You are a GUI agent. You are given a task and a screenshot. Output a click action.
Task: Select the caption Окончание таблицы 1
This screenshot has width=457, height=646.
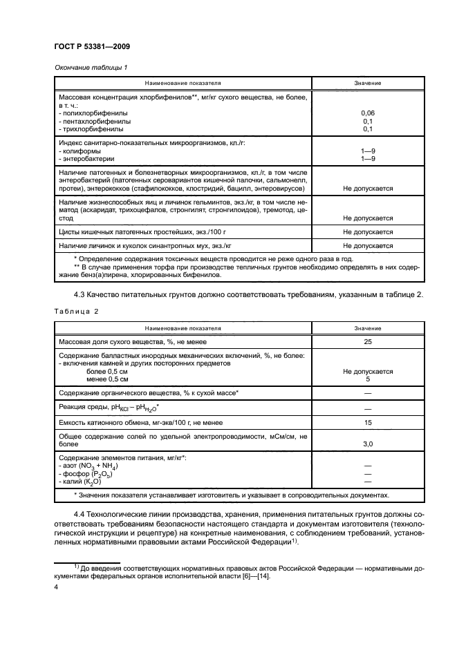tap(89, 67)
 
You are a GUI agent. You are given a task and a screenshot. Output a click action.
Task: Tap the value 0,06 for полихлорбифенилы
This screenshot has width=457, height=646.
tap(368, 113)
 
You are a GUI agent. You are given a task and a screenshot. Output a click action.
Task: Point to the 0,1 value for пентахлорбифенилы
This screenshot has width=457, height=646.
tap(368, 121)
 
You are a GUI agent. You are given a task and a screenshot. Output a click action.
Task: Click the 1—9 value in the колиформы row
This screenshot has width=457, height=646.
tap(368, 151)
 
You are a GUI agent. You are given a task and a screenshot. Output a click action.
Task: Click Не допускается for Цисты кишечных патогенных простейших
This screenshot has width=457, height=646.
tap(368, 232)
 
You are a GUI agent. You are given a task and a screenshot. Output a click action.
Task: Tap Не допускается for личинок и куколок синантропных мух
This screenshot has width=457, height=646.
tap(368, 246)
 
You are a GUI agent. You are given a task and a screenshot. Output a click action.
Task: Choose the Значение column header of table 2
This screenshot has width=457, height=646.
tap(368, 328)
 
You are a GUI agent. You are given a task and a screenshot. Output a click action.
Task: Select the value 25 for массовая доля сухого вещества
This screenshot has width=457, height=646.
tap(368, 341)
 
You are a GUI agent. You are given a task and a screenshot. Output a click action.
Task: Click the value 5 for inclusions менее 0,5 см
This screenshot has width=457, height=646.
tap(368, 379)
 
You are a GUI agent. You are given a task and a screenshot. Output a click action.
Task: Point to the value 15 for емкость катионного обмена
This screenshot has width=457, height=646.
tap(368, 421)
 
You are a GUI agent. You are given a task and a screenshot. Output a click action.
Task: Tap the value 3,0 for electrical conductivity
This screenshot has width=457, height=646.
tap(368, 444)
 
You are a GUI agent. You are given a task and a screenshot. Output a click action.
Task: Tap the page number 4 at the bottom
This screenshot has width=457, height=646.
tap(55, 586)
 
